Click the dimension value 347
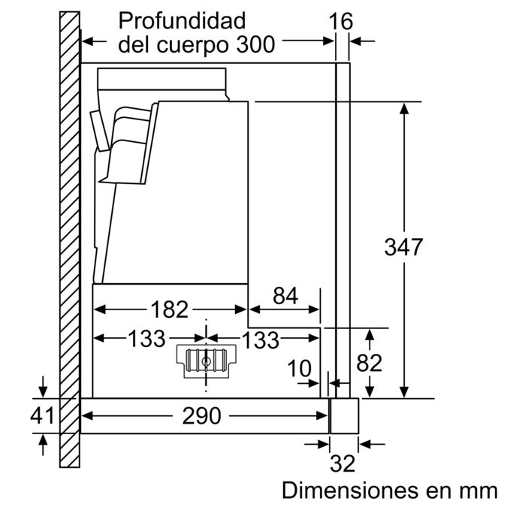coord(403,246)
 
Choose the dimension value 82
coord(369,364)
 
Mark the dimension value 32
coord(343,464)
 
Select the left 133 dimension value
coord(146,340)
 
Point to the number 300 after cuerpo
coord(253,44)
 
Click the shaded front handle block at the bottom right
coord(344,415)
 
